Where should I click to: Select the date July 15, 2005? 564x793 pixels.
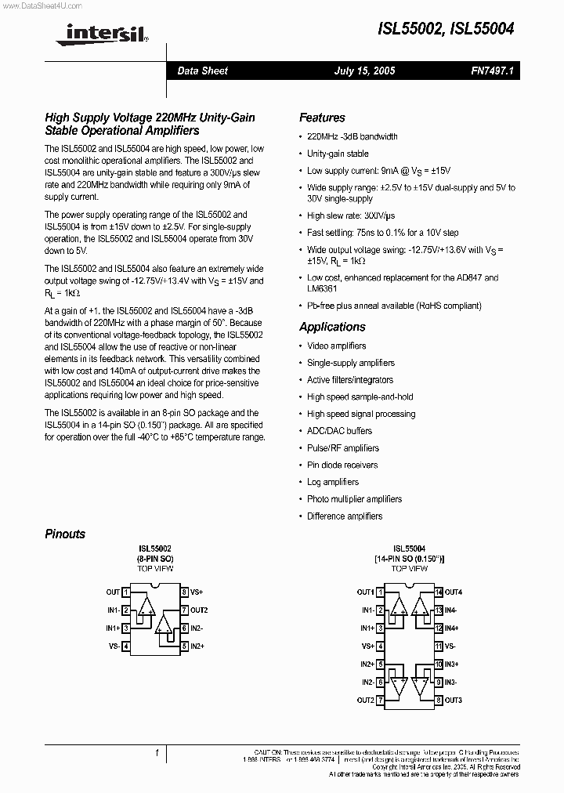pyautogui.click(x=364, y=71)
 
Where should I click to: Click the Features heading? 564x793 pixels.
pyautogui.click(x=322, y=118)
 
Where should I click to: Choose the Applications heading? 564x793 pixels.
pyautogui.click(x=332, y=327)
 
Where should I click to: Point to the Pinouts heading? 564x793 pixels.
pyautogui.click(x=65, y=534)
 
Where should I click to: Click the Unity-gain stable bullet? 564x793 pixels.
pyautogui.click(x=338, y=154)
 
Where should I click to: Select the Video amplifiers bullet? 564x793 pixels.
pyautogui.click(x=336, y=346)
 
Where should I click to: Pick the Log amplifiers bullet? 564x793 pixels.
pyautogui.click(x=332, y=482)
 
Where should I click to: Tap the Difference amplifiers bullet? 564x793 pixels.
pyautogui.click(x=345, y=516)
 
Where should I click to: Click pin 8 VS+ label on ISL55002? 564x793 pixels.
pyautogui.click(x=196, y=592)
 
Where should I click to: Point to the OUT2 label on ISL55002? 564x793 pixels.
pyautogui.click(x=198, y=610)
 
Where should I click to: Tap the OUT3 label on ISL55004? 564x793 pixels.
pyautogui.click(x=454, y=700)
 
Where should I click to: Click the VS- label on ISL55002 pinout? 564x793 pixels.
pyautogui.click(x=114, y=646)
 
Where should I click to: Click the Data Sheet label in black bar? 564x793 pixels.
pyautogui.click(x=202, y=71)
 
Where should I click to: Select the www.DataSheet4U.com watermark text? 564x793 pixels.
pyautogui.click(x=38, y=5)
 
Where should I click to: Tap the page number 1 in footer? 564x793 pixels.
pyautogui.click(x=157, y=754)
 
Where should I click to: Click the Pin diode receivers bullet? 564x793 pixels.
pyautogui.click(x=342, y=465)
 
